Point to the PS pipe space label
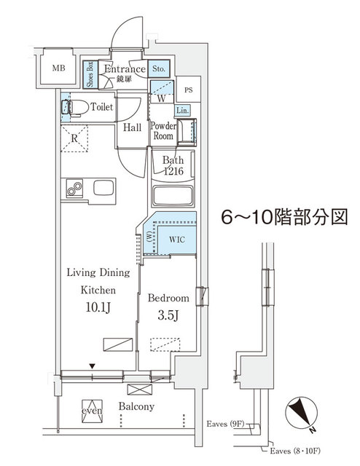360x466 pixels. pyautogui.click(x=189, y=91)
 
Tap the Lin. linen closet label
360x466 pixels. pyautogui.click(x=182, y=110)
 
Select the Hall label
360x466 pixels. pyautogui.click(x=132, y=127)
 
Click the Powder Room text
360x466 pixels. pyautogui.click(x=162, y=130)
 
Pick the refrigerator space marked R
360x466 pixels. pyautogui.click(x=75, y=136)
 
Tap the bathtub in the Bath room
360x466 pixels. pyautogui.click(x=173, y=196)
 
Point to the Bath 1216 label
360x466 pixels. pyautogui.click(x=173, y=165)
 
